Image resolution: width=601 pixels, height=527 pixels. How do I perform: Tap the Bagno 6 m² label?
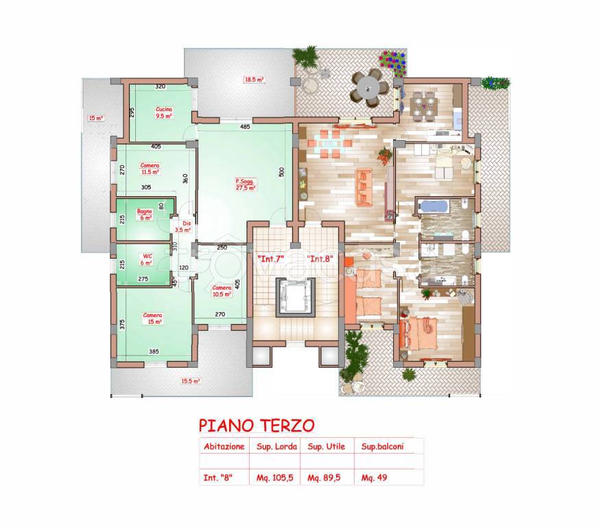[145, 215]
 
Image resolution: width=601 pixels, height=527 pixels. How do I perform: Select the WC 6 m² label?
[145, 259]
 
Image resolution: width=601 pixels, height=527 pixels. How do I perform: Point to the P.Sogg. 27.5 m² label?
[246, 184]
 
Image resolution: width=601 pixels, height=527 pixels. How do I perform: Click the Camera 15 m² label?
[152, 318]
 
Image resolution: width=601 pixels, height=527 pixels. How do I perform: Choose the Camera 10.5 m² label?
[221, 291]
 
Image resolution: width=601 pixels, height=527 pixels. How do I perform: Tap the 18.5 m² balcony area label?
[254, 80]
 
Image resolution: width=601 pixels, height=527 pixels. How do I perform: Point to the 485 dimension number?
[245, 127]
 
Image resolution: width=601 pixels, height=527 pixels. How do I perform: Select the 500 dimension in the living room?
[281, 173]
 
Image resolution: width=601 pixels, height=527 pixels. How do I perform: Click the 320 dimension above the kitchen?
[160, 86]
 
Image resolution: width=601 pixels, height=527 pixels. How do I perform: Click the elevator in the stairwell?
[294, 296]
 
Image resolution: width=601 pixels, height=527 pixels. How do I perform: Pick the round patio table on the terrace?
[367, 87]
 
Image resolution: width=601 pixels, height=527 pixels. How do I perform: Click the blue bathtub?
[433, 206]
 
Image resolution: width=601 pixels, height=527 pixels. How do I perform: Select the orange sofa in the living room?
[364, 187]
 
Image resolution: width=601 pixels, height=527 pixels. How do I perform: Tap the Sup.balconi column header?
[381, 446]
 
